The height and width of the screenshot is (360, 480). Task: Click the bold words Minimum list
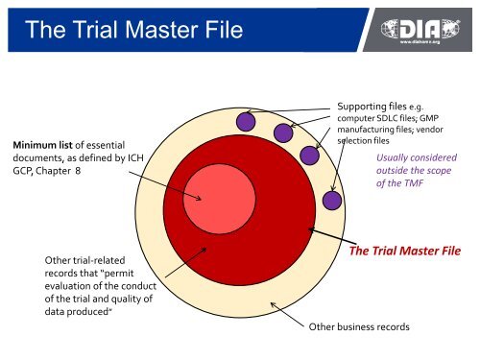point(47,146)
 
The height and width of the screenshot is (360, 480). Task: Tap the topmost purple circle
point(247,122)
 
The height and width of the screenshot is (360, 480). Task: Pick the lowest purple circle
point(332,201)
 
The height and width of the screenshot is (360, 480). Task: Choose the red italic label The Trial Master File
point(404,252)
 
